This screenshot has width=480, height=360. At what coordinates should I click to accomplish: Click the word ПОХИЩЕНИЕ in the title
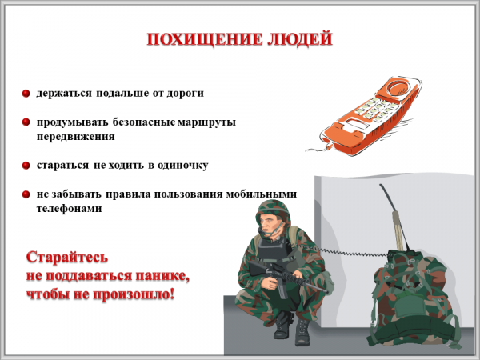coord(205,39)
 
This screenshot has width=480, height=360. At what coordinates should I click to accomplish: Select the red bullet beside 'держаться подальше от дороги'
coord(26,93)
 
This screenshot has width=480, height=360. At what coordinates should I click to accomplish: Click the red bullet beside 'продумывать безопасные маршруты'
coord(26,122)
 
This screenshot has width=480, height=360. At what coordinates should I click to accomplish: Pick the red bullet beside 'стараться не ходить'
coord(26,166)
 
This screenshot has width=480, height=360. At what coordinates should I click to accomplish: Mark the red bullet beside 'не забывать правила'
coord(26,194)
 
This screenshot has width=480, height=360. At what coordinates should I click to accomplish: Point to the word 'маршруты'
coord(207,122)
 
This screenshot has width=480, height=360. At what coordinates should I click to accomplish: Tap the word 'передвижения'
coord(76,137)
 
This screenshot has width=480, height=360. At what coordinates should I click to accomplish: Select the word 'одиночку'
coord(182,166)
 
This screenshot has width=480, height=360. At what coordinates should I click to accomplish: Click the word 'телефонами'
coord(69,209)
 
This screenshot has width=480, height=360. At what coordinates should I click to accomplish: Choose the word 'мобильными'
coord(262,194)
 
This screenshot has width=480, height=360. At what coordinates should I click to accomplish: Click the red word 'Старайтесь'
coord(67,257)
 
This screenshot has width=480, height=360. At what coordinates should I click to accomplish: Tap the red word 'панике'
coord(162,277)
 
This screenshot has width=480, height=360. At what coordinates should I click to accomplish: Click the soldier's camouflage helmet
coord(274,210)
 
